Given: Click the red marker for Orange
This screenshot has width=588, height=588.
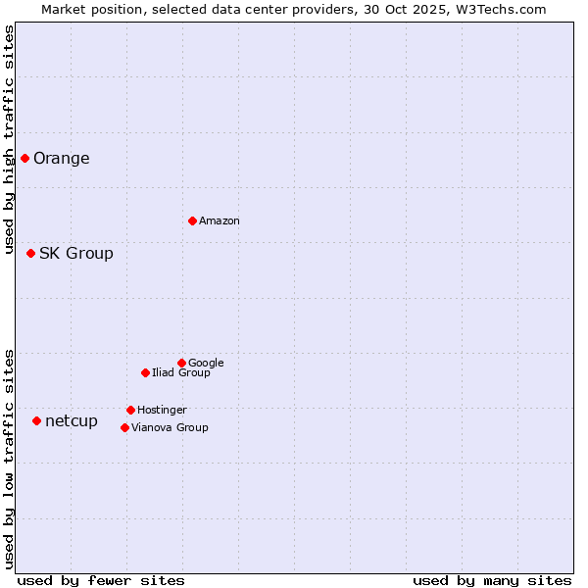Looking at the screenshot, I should [x=24, y=158].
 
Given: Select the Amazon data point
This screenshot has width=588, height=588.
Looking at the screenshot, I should [x=192, y=220].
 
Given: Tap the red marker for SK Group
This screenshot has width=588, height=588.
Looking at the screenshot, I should [x=30, y=253].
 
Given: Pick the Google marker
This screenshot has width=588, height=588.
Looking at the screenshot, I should [x=181, y=363].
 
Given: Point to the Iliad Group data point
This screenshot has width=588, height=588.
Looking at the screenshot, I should [x=145, y=372].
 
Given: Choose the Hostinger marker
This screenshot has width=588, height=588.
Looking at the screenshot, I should [x=130, y=410].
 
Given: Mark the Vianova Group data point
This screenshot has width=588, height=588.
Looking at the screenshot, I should [x=124, y=427].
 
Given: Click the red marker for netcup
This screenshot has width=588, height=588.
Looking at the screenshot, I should [x=36, y=420].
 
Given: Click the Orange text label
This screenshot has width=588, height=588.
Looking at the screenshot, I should [x=62, y=159].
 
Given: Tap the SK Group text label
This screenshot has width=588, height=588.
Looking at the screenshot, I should [x=76, y=254].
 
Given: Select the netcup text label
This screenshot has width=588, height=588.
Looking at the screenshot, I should [x=72, y=421].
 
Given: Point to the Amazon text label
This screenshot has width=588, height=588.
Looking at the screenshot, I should [x=220, y=221].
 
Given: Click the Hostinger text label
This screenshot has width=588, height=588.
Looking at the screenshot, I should [x=162, y=411].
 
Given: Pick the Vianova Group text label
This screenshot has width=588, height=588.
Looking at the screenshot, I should [x=170, y=428].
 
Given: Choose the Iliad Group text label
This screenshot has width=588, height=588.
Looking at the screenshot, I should [x=181, y=373].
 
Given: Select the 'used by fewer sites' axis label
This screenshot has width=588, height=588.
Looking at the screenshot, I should [x=101, y=580].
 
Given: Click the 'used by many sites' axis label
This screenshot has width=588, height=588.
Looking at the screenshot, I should [x=492, y=580].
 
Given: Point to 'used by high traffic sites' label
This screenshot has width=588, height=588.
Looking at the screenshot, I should [x=9, y=139].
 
